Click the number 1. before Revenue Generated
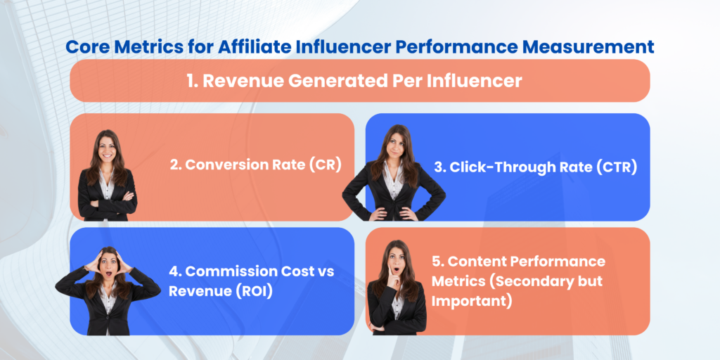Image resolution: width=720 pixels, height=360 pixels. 193,81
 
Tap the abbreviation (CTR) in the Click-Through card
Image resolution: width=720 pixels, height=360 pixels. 615,167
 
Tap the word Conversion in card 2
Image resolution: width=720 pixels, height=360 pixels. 225,166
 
